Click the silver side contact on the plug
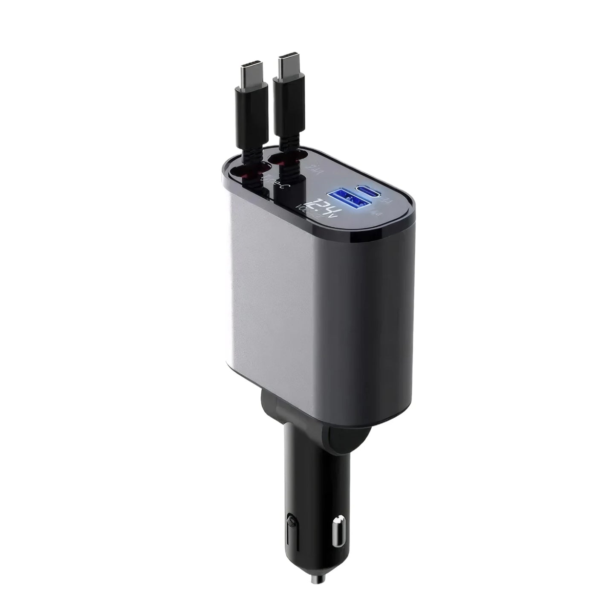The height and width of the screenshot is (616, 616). (339, 517)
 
